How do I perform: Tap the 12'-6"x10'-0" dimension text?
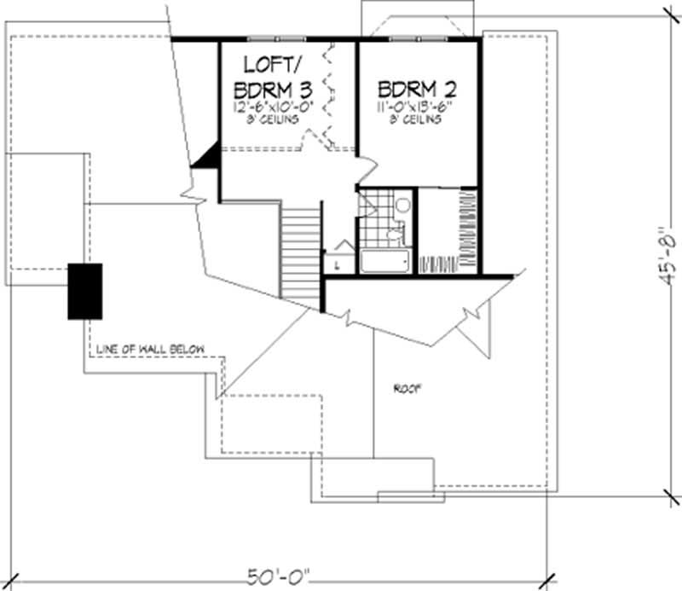[269, 107]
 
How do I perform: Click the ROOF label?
[407, 388]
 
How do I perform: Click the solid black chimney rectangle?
[85, 291]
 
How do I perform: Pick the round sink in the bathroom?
[402, 206]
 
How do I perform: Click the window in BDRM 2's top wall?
[416, 38]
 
